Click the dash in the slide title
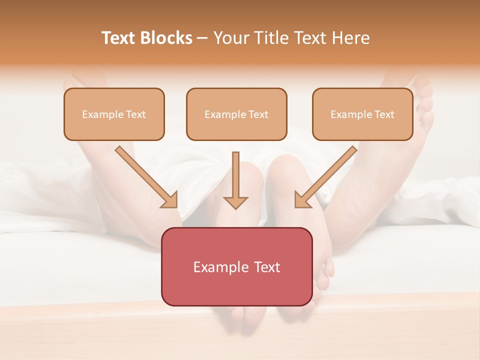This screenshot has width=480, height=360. click(x=202, y=38)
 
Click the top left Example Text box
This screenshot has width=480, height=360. click(x=114, y=114)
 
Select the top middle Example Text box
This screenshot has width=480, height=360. click(x=236, y=114)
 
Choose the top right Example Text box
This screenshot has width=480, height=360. click(x=362, y=114)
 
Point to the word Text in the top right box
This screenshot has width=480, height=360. click(x=384, y=114)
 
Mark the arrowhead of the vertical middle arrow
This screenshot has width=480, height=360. click(x=235, y=202)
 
